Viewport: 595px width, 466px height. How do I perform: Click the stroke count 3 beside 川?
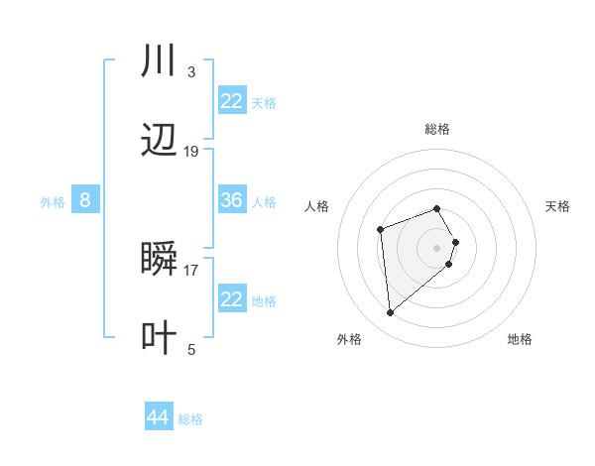click(190, 72)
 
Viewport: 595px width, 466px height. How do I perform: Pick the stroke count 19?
click(191, 152)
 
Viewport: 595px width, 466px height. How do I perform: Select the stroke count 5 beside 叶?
click(191, 349)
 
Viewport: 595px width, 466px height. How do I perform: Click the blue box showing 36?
click(232, 200)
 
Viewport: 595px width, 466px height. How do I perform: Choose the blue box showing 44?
click(158, 417)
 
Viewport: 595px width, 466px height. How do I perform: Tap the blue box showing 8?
click(85, 200)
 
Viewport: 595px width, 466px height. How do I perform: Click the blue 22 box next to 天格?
click(232, 101)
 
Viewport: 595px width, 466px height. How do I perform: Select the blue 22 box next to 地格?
click(232, 299)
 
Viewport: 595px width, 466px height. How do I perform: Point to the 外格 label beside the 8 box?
click(53, 202)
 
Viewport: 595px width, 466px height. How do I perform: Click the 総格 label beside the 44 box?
click(190, 419)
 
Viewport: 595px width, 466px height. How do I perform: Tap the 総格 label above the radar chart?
click(436, 129)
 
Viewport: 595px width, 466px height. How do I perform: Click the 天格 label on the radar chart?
click(557, 206)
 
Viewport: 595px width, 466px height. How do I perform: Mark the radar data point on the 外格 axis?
click(391, 313)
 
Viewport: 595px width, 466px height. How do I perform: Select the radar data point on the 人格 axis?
click(380, 230)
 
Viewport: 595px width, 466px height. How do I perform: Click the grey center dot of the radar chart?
click(436, 247)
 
